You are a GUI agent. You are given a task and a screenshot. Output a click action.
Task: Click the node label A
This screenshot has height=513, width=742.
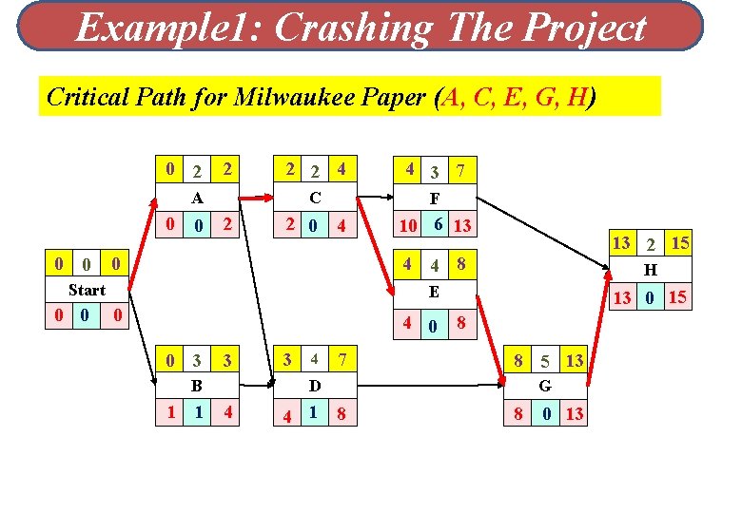[197, 199]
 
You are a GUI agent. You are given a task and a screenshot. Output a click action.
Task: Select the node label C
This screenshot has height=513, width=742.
[314, 199]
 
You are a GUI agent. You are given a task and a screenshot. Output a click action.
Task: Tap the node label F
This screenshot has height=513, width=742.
[434, 199]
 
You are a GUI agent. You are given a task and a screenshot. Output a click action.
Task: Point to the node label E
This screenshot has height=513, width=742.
[434, 292]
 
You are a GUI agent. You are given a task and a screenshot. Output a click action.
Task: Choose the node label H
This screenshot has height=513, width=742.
[651, 270]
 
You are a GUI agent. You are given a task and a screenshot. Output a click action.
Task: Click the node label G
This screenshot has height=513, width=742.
[545, 386]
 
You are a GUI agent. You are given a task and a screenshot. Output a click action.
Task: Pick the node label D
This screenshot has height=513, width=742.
[314, 386]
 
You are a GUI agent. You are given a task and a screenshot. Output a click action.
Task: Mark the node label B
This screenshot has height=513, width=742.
[197, 386]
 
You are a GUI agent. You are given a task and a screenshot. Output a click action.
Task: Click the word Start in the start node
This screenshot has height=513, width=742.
[87, 290]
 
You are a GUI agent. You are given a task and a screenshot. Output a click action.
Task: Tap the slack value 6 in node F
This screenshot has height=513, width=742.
[437, 223]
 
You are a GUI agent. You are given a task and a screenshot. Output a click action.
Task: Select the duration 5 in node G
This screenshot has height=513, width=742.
[545, 362]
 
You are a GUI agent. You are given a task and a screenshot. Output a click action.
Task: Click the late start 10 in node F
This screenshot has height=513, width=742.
[408, 225]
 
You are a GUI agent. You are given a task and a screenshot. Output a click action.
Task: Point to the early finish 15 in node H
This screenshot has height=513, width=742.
[679, 243]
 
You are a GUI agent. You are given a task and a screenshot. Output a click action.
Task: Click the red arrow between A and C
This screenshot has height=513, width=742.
[253, 199]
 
